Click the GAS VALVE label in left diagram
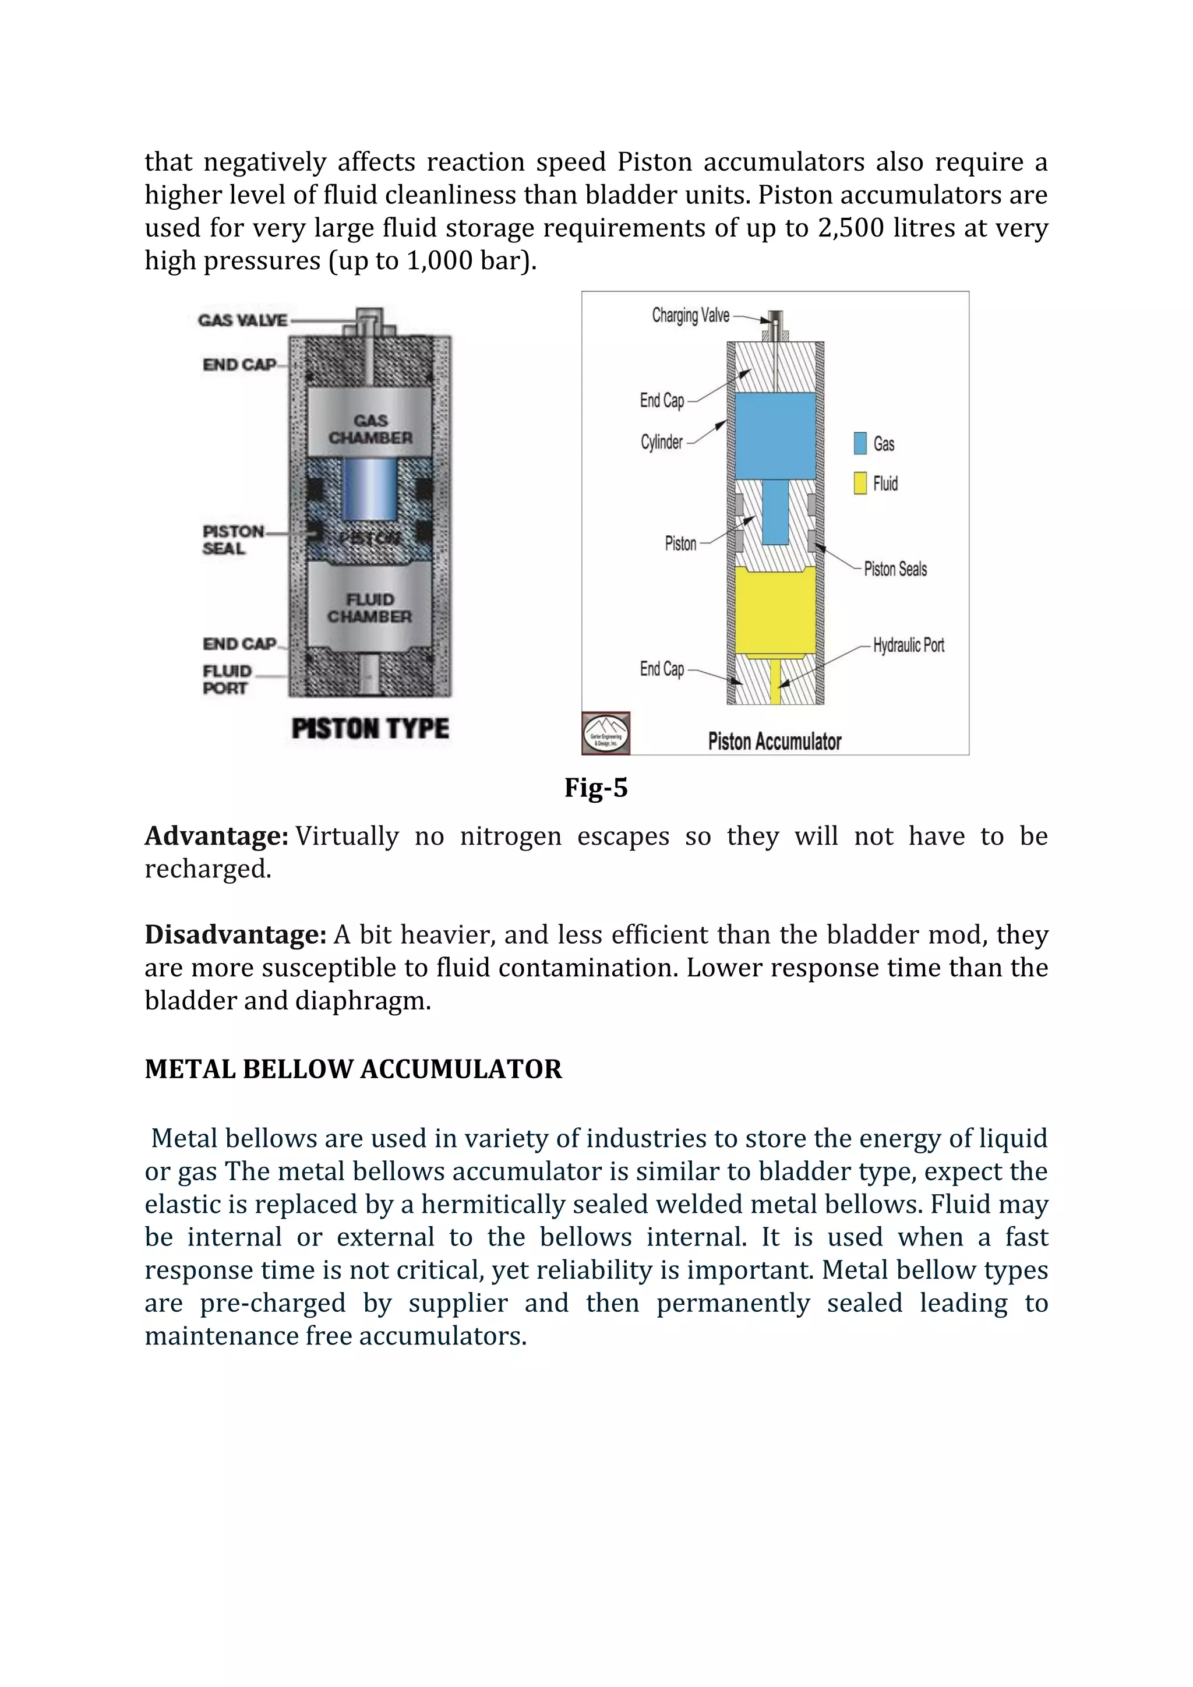pos(242,320)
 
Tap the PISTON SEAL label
pos(232,540)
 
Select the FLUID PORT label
pos(227,680)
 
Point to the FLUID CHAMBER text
pos(369,608)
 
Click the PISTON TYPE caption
pos(370,728)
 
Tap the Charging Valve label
pos(690,316)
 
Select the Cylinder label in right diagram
pos(661,442)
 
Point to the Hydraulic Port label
pos(908,645)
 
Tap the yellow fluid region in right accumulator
pos(775,610)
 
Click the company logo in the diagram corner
pos(606,733)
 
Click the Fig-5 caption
pos(596,788)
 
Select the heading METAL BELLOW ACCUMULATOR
pos(352,1069)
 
